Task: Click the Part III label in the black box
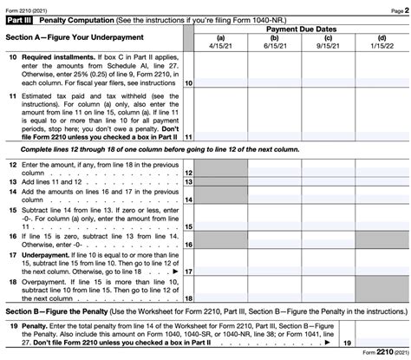pyautogui.click(x=17, y=18)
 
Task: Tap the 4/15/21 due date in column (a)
pyautogui.click(x=222, y=46)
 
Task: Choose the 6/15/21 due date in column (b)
pyautogui.click(x=275, y=46)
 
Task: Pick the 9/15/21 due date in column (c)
pyautogui.click(x=328, y=46)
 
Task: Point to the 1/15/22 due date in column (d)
pyautogui.click(x=382, y=46)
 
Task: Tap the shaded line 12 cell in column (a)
pyautogui.click(x=222, y=167)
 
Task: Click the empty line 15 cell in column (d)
pyautogui.click(x=382, y=221)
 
